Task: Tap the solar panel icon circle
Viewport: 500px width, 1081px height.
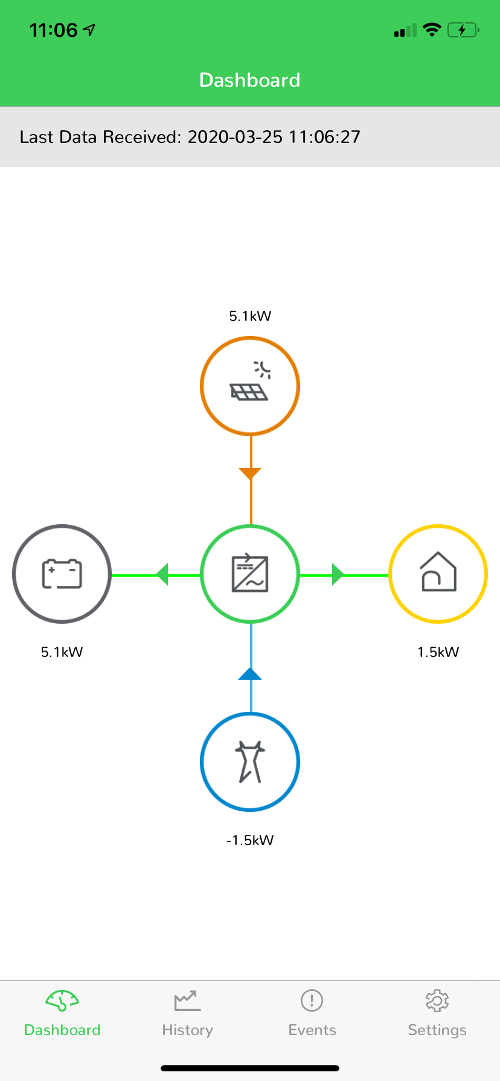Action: point(250,338)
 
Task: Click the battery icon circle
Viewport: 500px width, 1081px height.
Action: point(62,526)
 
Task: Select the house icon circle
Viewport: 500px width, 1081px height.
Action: point(438,526)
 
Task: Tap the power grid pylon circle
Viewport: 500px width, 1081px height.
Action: point(250,714)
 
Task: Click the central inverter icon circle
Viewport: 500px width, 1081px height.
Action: point(250,526)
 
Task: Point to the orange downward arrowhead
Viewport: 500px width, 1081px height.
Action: point(250,474)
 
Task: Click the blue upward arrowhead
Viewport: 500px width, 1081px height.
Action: point(250,674)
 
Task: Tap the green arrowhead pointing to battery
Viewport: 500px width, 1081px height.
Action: point(162,574)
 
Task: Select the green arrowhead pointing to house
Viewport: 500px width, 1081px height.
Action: point(338,574)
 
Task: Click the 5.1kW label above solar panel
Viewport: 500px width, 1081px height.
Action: point(250,316)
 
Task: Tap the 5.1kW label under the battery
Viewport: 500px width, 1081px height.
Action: point(62,652)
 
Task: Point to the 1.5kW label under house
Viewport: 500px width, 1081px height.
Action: point(438,652)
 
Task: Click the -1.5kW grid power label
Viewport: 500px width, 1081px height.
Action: point(250,840)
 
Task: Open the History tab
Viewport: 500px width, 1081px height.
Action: point(187,1013)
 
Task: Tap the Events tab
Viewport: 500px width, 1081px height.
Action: point(312,1013)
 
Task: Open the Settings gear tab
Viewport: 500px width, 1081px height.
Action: point(437,1013)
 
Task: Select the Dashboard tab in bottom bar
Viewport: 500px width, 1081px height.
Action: point(62,1013)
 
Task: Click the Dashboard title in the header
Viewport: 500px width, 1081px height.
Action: point(250,80)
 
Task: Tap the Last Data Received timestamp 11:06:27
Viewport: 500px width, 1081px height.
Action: point(324,137)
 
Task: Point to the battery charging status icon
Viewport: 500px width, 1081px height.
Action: point(463,30)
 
